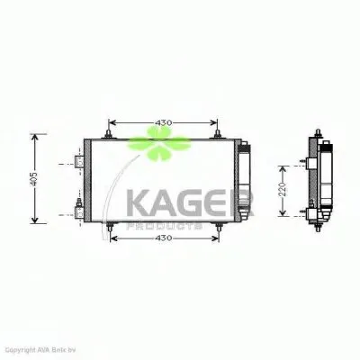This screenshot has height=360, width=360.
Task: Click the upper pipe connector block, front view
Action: [x=79, y=163]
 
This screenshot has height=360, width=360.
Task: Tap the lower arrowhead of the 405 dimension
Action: [x=35, y=220]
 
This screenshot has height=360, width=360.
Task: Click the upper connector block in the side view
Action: [x=312, y=162]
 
